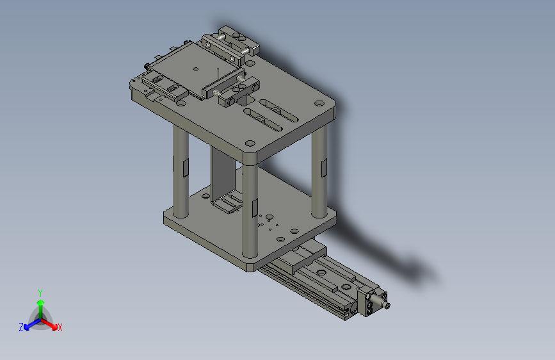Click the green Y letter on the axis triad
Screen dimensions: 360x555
40,291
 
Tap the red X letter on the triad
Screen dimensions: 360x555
60,328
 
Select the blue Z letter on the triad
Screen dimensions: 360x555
21,327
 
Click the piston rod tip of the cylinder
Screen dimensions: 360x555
388,306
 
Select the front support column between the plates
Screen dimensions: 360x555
250,211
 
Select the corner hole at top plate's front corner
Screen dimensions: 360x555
250,143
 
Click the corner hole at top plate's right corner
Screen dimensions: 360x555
318,103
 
